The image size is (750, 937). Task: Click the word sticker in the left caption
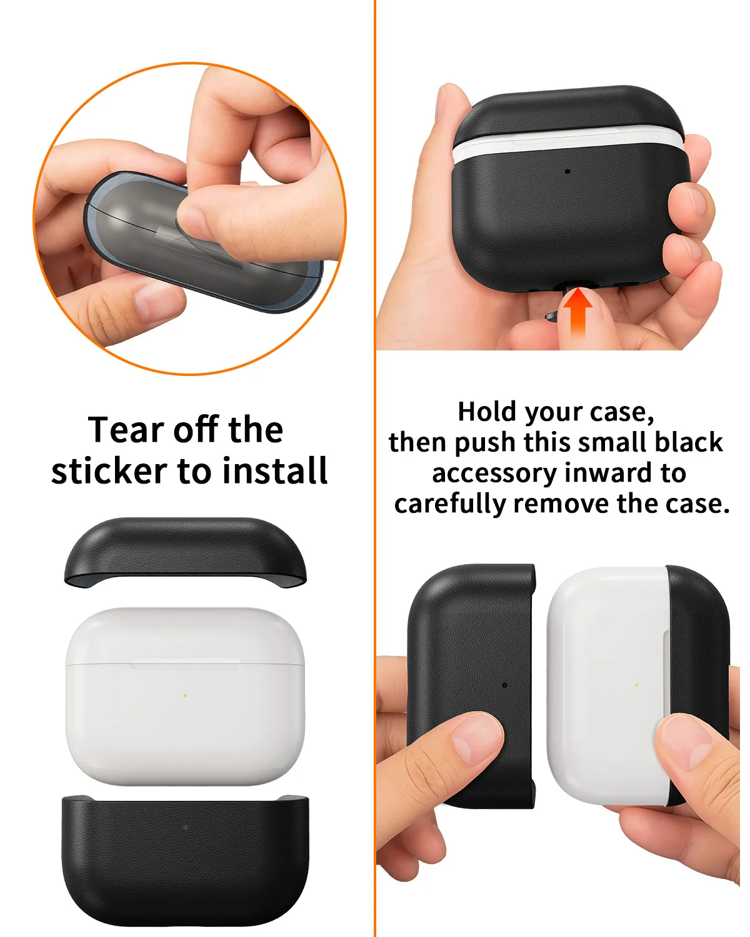pyautogui.click(x=109, y=472)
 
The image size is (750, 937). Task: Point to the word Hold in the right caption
pyautogui.click(x=487, y=412)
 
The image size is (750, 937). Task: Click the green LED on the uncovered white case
pyautogui.click(x=186, y=694)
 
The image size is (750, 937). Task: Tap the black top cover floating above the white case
pyautogui.click(x=186, y=550)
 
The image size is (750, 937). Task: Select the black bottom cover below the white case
pyautogui.click(x=185, y=862)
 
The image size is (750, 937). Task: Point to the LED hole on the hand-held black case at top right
pyautogui.click(x=567, y=171)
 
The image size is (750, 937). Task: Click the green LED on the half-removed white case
pyautogui.click(x=637, y=685)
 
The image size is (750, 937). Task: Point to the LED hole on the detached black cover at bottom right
pyautogui.click(x=504, y=685)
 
